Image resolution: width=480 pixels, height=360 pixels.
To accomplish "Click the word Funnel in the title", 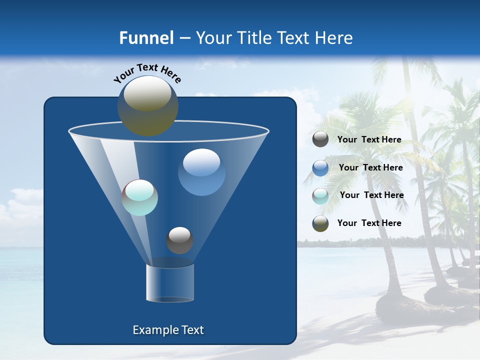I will pos(146,38).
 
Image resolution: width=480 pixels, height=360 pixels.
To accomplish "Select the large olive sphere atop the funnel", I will pos(148,105).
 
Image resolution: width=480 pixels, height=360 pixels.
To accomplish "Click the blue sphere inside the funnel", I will pos(201,171).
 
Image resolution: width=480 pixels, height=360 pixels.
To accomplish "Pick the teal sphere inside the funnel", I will pos(140,197).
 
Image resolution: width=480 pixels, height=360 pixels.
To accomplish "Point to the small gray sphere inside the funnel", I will pos(179,240).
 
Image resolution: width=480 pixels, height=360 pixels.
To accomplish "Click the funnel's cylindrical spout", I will pos(170,283).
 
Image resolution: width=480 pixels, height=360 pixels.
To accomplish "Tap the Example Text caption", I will pos(168,330).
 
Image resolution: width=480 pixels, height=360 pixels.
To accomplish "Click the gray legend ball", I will pos(320,139).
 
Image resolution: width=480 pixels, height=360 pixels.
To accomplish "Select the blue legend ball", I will pos(320,167).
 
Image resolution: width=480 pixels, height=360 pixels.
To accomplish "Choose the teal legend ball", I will pos(320,195).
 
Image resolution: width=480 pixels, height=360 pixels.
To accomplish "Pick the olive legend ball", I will pos(320,223).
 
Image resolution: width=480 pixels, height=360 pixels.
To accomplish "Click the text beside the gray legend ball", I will pos(369,139).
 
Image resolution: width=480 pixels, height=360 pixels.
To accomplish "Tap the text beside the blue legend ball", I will pos(370,167).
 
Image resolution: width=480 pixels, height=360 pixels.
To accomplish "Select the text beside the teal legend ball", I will pos(371,195).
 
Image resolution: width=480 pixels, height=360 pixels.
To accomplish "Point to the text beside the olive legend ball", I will pos(369,223).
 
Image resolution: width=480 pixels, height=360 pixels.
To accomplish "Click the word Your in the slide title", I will pos(211,38).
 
